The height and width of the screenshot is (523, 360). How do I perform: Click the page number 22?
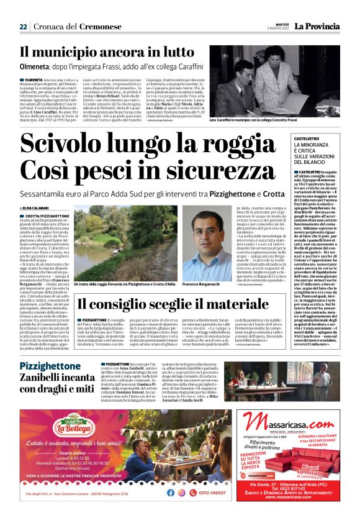[x=23, y=27]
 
